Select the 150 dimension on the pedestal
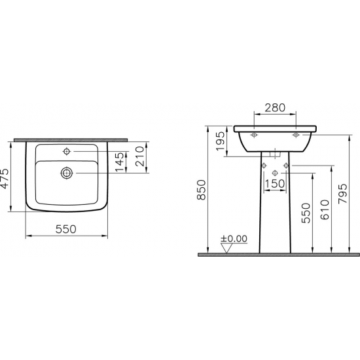tap(275, 184)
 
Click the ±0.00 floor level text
tap(234, 238)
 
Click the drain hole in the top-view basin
tap(65, 173)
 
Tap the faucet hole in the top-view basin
tap(65, 152)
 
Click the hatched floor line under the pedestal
tap(275, 254)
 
